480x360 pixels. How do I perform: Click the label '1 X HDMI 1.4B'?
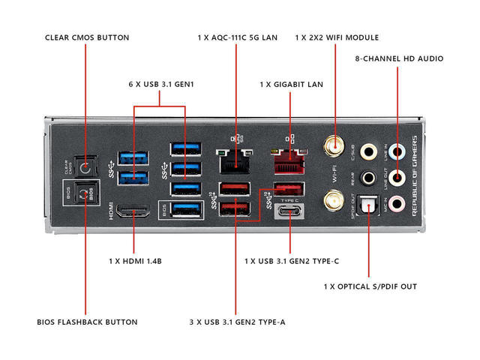pyautogui.click(x=135, y=262)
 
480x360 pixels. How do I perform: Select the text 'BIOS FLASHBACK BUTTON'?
pyautogui.click(x=87, y=322)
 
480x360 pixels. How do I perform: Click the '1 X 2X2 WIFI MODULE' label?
pyautogui.click(x=337, y=37)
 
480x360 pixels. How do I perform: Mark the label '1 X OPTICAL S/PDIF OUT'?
pyautogui.click(x=370, y=286)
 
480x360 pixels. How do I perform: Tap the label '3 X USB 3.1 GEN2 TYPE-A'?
pyautogui.click(x=237, y=322)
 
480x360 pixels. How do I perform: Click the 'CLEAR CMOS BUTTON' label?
pyautogui.click(x=87, y=37)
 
